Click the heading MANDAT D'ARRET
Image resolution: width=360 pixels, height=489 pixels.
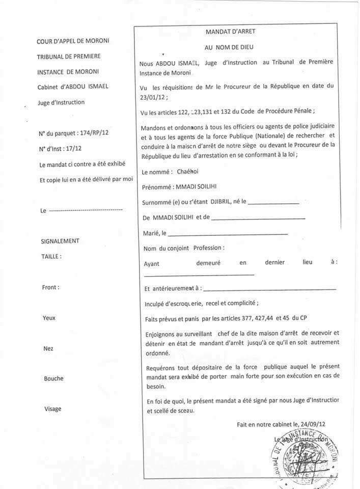point(230,32)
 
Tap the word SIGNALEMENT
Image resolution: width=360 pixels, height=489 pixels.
point(60,241)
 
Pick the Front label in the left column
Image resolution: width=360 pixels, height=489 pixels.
point(50,287)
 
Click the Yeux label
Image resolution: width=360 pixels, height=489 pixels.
point(49,318)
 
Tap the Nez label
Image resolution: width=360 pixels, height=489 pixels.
point(48,349)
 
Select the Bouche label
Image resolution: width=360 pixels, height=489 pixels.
point(53,378)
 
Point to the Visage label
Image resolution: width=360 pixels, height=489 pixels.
point(52,409)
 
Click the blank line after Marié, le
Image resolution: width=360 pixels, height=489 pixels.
point(228,234)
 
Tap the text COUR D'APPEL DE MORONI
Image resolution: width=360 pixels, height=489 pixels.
point(73,41)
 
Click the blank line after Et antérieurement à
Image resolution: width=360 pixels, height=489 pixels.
point(270,289)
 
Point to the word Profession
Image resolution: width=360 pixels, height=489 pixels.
point(208,248)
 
